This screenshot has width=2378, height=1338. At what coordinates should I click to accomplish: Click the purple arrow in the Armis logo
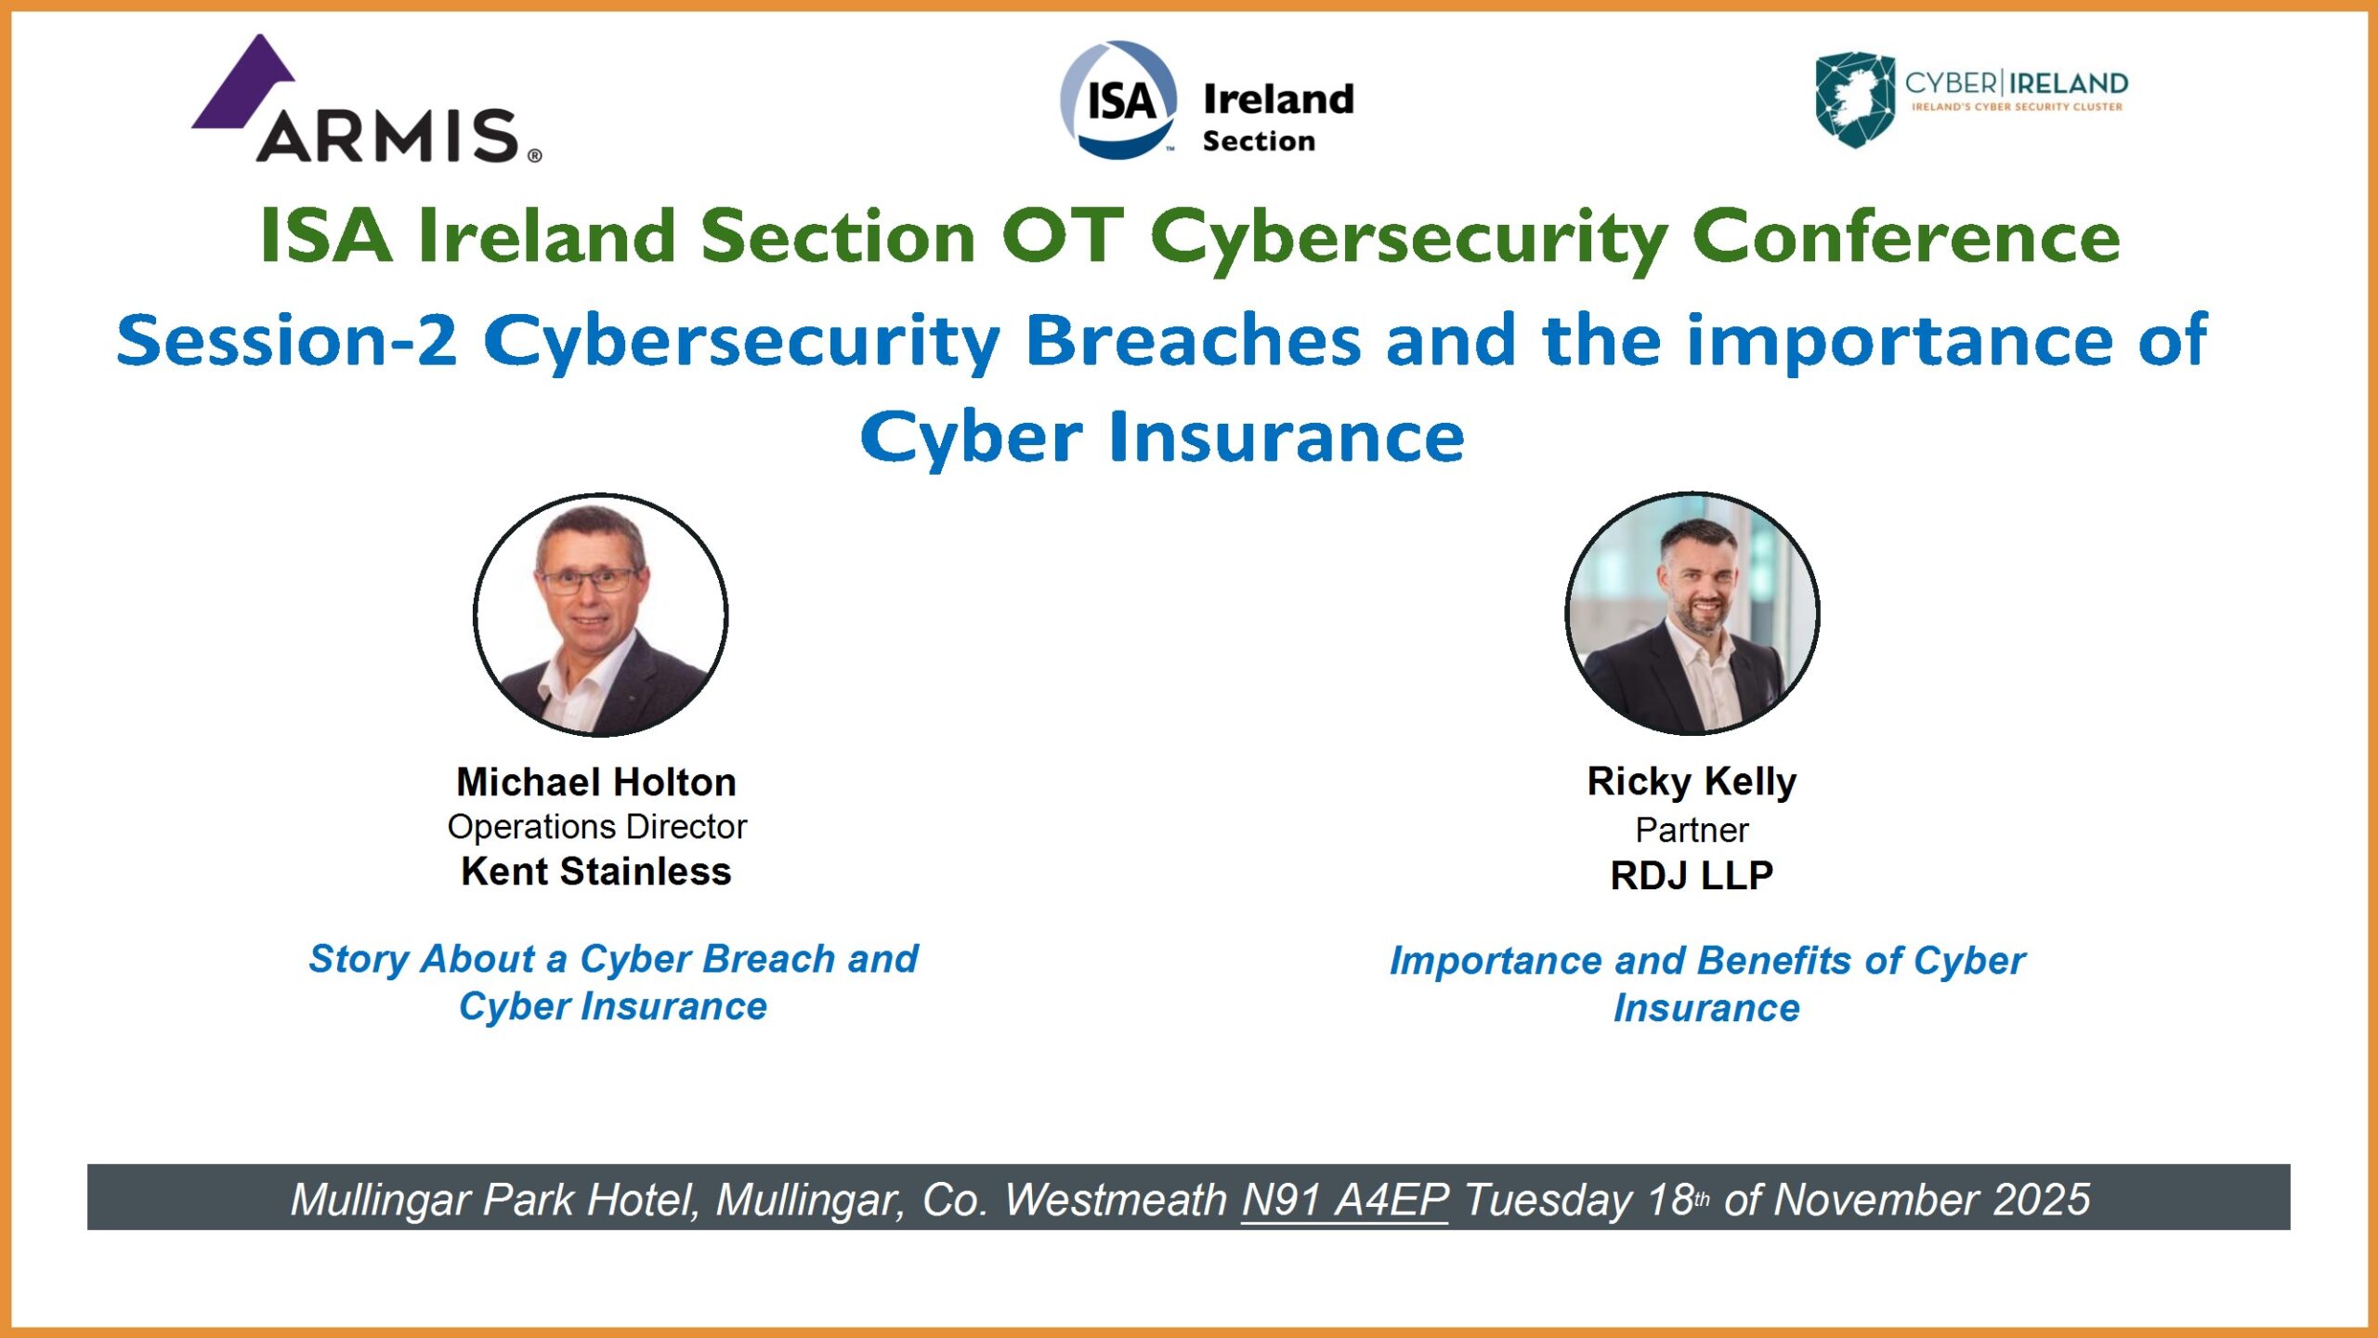click(243, 82)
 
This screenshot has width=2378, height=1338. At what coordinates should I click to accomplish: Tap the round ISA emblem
click(1118, 99)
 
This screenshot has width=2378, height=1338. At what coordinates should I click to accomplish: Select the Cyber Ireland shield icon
click(1855, 99)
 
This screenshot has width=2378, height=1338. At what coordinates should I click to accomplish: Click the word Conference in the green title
click(1906, 236)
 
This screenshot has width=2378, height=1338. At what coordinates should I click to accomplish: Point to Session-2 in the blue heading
click(287, 340)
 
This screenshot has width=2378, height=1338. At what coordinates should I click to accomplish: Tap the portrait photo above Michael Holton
click(600, 615)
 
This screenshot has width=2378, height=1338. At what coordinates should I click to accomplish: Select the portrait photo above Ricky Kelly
click(1692, 613)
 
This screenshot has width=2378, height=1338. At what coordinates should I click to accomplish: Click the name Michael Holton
click(596, 781)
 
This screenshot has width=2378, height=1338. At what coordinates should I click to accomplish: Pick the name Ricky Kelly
click(1692, 781)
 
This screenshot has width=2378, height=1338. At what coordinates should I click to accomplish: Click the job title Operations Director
click(597, 826)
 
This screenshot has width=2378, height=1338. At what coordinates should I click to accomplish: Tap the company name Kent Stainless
click(596, 872)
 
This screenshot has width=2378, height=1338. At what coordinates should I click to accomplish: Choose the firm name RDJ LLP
click(1692, 875)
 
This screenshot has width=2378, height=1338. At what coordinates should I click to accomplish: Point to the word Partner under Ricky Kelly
click(1692, 830)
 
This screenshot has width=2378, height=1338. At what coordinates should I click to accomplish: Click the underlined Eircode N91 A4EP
click(1345, 1200)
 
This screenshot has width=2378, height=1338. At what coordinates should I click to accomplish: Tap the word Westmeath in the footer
click(1116, 1200)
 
